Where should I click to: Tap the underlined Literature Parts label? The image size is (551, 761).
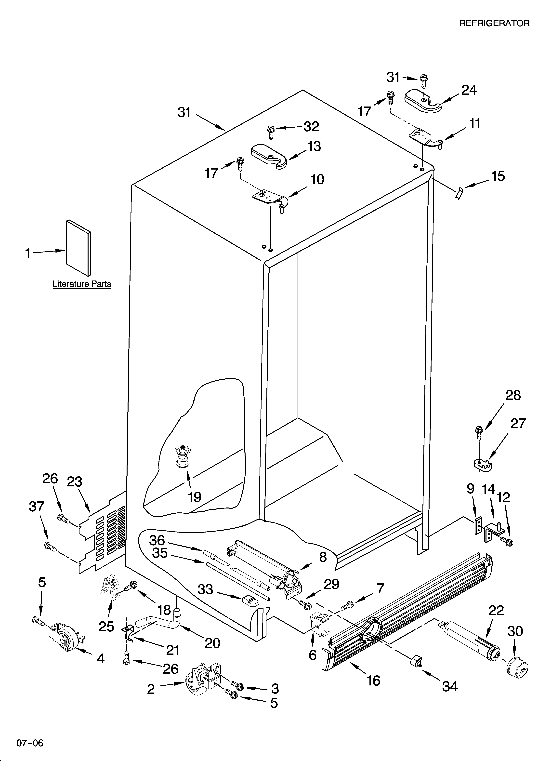click(x=82, y=284)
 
